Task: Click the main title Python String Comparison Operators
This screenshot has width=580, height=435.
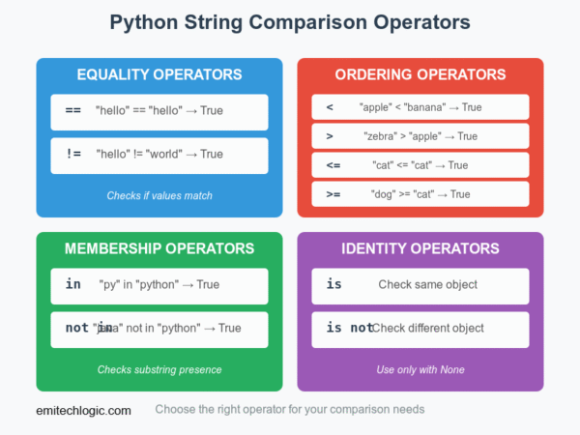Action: (290, 22)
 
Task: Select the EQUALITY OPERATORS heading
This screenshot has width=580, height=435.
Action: (159, 74)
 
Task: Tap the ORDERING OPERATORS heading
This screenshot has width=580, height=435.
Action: (420, 74)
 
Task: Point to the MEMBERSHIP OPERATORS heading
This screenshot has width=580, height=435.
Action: (159, 248)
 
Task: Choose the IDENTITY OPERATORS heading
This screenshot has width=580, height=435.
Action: (420, 248)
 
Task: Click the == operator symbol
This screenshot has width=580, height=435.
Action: (72, 111)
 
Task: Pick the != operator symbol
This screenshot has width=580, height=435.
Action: (72, 154)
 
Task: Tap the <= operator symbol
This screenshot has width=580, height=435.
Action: (333, 165)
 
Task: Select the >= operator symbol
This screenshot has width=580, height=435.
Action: (333, 194)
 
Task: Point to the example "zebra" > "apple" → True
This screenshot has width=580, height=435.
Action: (420, 136)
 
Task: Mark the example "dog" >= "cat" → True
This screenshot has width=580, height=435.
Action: (420, 194)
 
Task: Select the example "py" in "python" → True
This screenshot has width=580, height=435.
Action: (159, 285)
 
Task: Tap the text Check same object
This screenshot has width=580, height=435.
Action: (428, 285)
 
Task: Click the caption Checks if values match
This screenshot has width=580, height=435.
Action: (159, 196)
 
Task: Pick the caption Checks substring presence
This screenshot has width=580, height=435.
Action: (159, 370)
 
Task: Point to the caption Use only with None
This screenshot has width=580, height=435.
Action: (420, 370)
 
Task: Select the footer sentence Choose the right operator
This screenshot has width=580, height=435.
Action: (290, 410)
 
